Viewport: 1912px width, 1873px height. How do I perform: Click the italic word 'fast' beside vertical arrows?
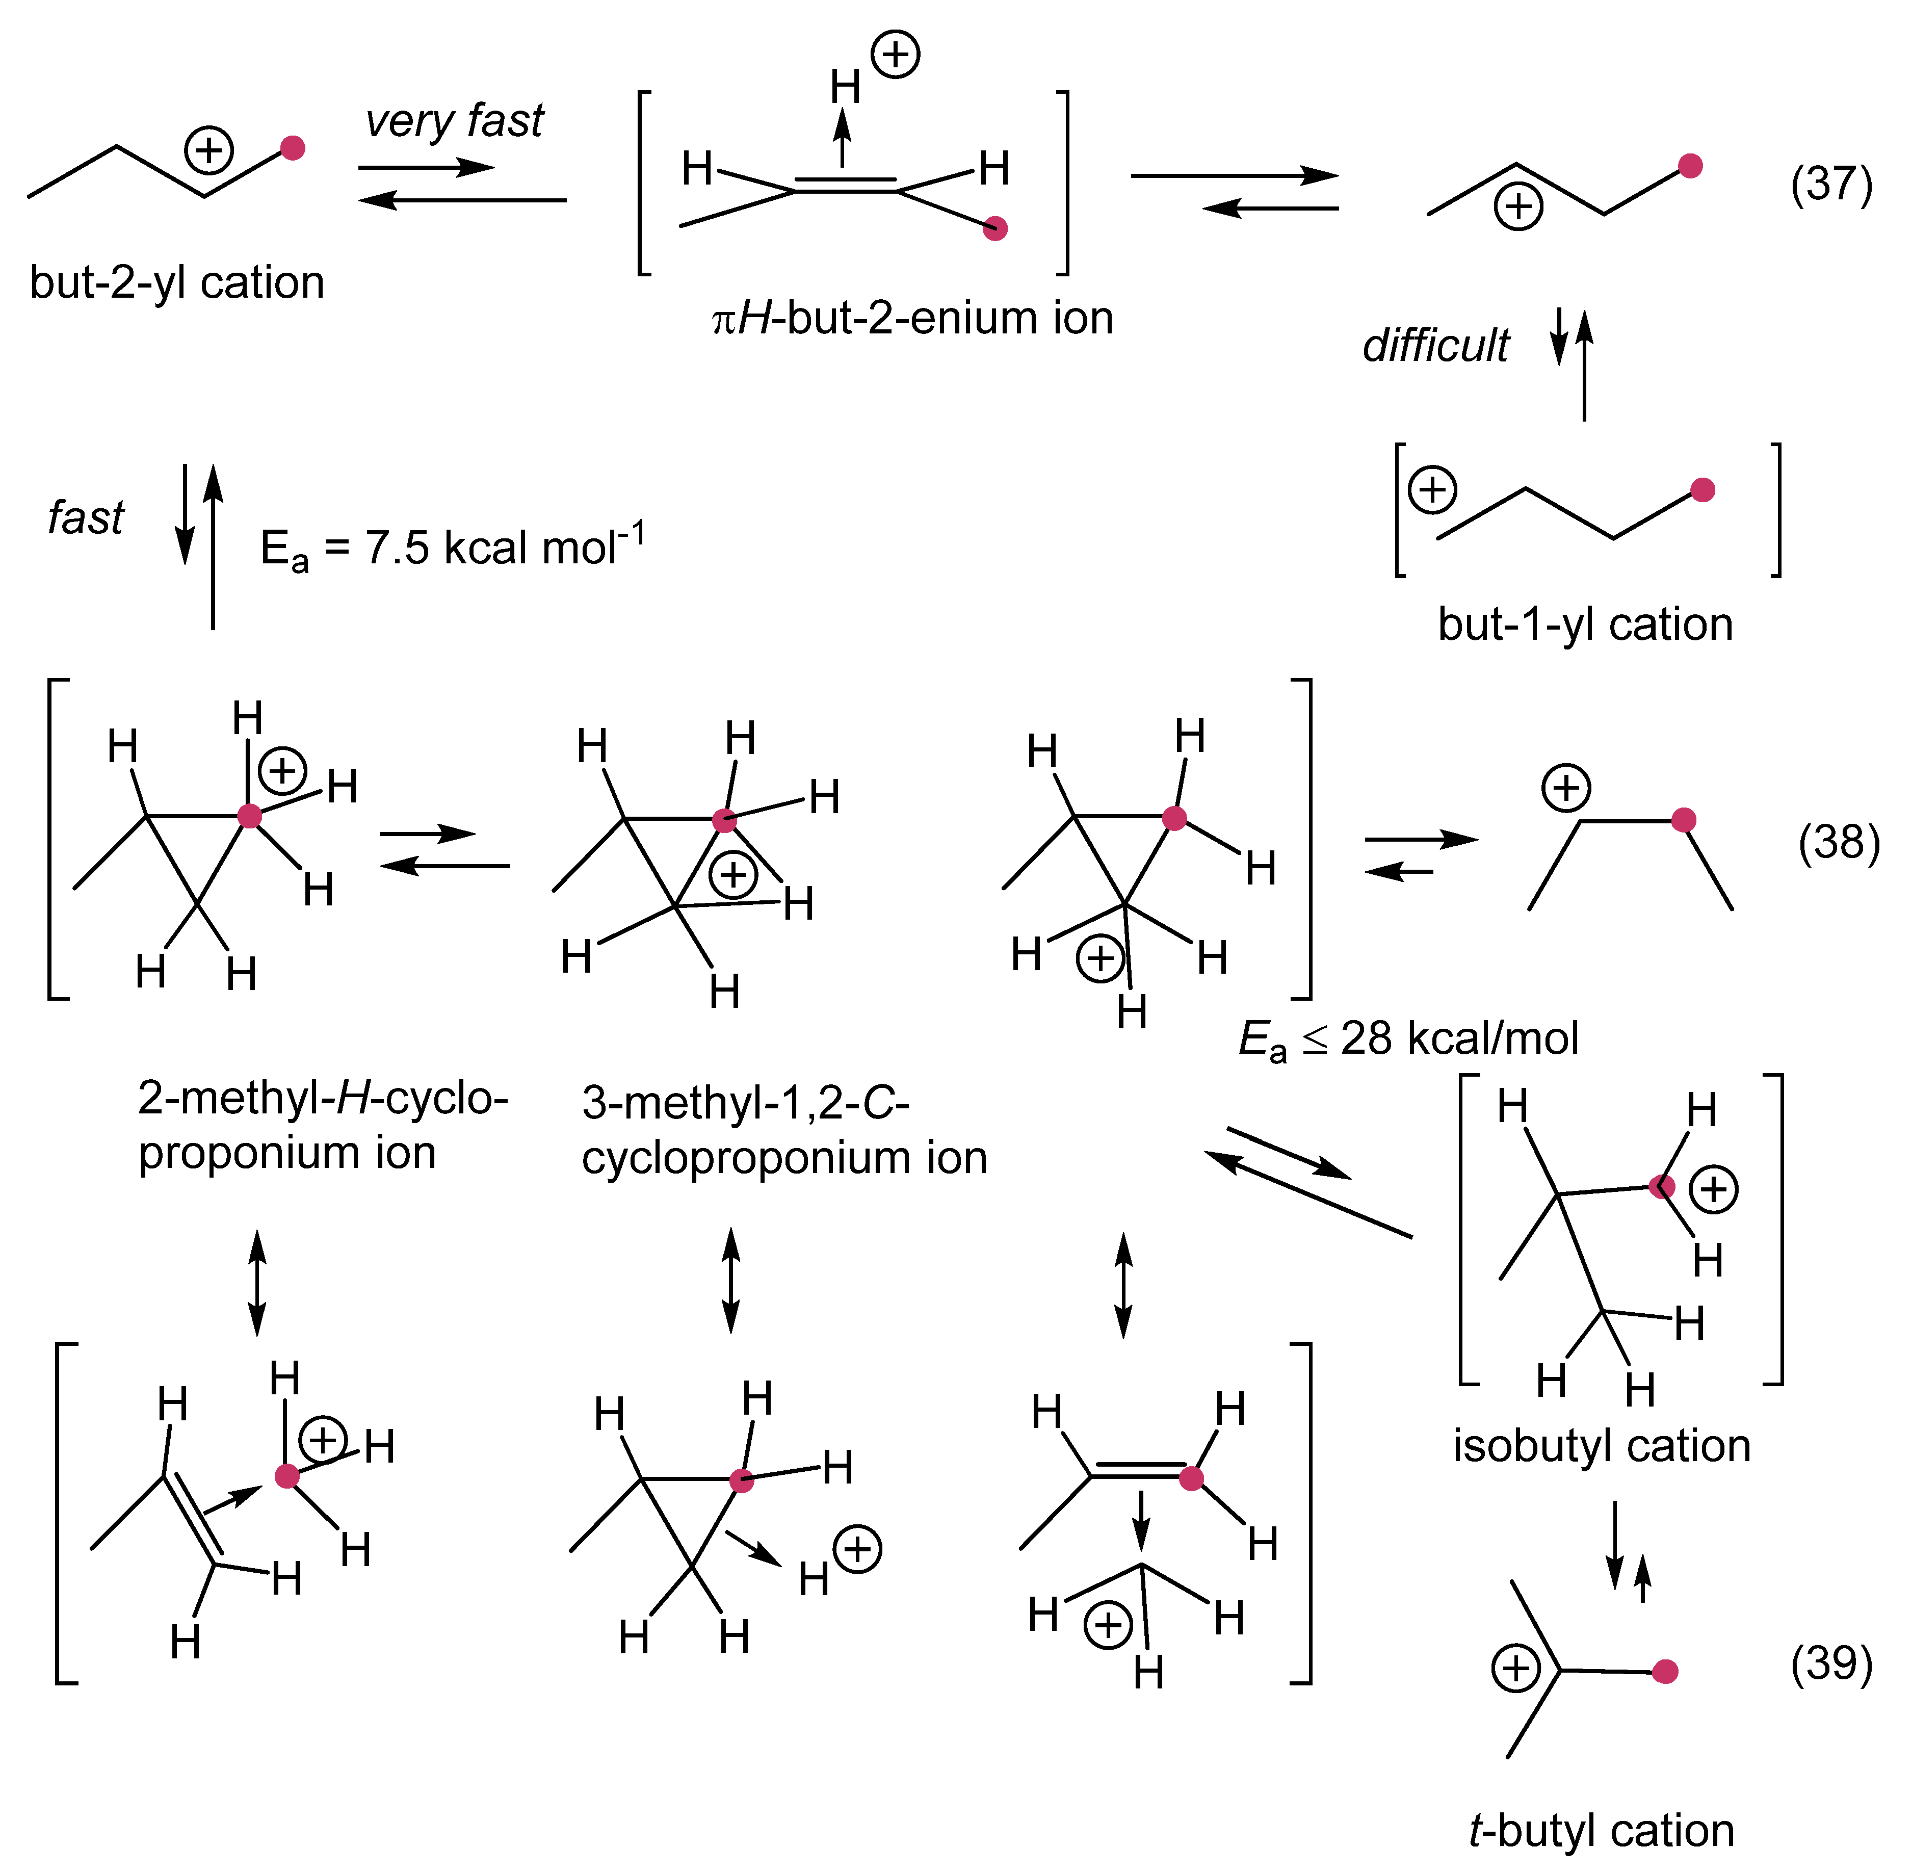click(87, 517)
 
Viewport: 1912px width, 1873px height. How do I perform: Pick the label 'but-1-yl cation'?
click(1584, 625)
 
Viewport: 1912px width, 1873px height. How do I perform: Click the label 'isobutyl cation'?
click(1601, 1447)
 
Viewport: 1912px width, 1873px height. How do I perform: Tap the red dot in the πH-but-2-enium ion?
click(996, 229)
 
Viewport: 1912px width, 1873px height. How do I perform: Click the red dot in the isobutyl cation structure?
click(1661, 1187)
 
